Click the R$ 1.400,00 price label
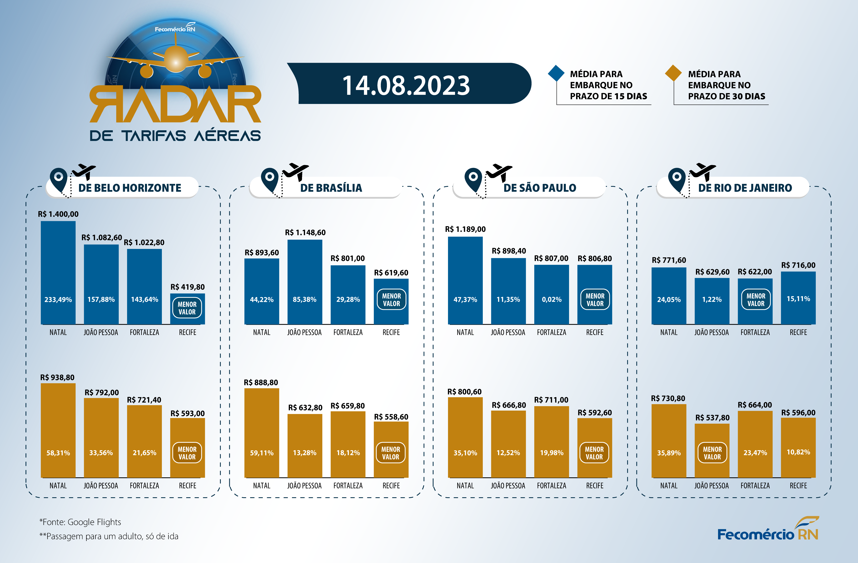point(58,214)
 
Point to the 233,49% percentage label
point(58,300)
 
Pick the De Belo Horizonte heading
point(130,188)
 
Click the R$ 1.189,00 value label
point(465,229)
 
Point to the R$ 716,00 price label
point(798,265)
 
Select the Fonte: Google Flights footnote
point(80,522)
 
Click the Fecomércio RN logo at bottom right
point(768,530)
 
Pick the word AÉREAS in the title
point(227,136)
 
